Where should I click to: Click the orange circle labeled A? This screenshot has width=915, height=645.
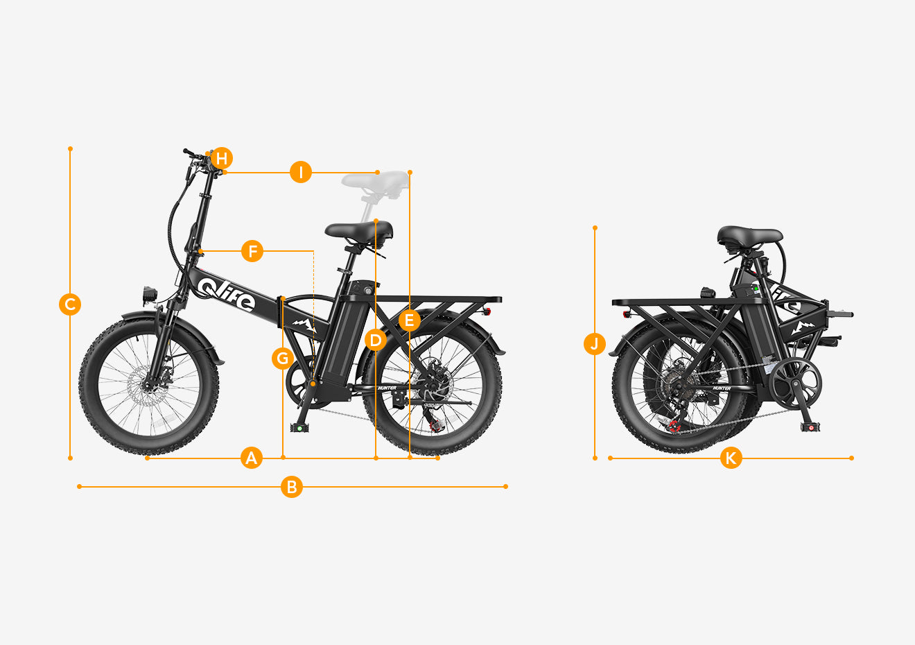click(251, 458)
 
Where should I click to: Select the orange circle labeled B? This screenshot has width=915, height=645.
click(292, 486)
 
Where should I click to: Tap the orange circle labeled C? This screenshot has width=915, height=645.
click(70, 304)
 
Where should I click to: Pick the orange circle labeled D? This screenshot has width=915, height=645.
click(376, 340)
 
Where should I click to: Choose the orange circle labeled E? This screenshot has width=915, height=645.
click(409, 320)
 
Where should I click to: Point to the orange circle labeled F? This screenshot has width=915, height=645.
click(252, 251)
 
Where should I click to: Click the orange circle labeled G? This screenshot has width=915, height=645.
click(283, 359)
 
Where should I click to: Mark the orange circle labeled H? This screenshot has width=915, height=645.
click(222, 158)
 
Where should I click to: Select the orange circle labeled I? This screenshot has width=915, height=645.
click(301, 172)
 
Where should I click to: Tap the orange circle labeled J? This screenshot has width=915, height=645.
click(595, 343)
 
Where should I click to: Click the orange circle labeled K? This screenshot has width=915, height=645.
click(731, 458)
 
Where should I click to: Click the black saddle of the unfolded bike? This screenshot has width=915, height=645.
click(358, 231)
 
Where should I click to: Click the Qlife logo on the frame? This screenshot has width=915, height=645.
click(226, 294)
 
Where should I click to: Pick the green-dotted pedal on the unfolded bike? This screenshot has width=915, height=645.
click(299, 428)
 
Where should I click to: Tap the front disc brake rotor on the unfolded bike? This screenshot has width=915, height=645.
click(146, 386)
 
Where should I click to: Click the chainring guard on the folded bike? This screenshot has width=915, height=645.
click(795, 384)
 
